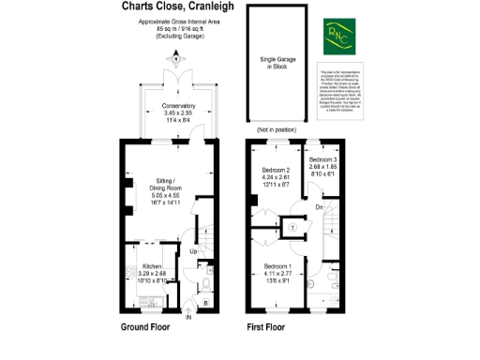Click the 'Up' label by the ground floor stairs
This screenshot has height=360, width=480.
click(195, 252)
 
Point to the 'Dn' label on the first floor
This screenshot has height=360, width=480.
click(320, 206)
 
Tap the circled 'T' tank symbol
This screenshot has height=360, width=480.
click(292, 227)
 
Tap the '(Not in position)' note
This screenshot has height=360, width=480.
click(277, 129)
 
